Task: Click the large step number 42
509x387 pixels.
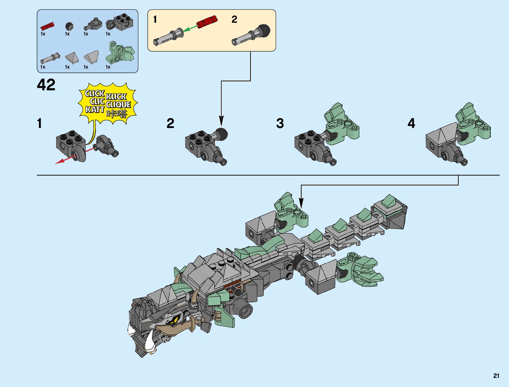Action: pyautogui.click(x=46, y=85)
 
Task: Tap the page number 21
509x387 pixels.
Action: pyautogui.click(x=496, y=376)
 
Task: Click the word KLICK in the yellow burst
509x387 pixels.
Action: pyautogui.click(x=116, y=97)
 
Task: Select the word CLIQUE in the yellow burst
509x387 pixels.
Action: pyautogui.click(x=118, y=105)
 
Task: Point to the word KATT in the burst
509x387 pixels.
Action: pyautogui.click(x=95, y=110)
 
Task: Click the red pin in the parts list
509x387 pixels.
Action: pyautogui.click(x=47, y=26)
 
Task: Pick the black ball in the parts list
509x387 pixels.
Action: pyautogui.click(x=69, y=26)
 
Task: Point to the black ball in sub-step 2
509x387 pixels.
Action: pyautogui.click(x=221, y=133)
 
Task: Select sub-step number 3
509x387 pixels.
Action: pyautogui.click(x=280, y=123)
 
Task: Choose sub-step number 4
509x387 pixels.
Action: pyautogui.click(x=411, y=123)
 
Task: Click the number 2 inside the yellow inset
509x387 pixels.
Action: pyautogui.click(x=234, y=19)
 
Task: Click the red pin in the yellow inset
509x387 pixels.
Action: pyautogui.click(x=207, y=21)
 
